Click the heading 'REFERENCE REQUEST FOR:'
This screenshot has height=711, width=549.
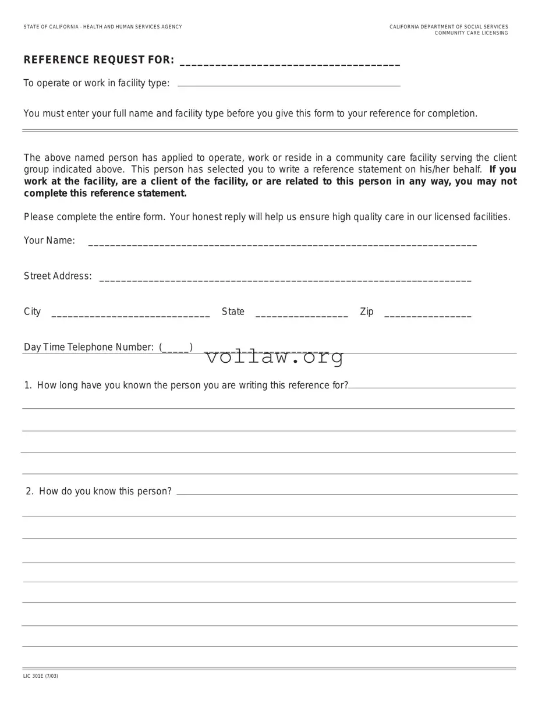click(98, 60)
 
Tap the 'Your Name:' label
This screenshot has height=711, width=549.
click(49, 240)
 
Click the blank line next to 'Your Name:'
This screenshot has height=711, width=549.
click(282, 243)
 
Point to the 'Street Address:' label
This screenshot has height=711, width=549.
click(58, 276)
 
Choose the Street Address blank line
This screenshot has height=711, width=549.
click(285, 279)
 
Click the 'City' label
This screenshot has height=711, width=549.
click(32, 312)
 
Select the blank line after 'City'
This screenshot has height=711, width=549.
click(130, 314)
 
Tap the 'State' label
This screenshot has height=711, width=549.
click(233, 312)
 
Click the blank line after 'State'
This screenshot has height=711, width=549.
click(302, 314)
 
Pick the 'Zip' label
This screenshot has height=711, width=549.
click(367, 312)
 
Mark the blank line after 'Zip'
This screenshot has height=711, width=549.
click(428, 314)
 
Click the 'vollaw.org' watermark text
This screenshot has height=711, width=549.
click(274, 357)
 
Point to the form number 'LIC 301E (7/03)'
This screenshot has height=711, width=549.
click(41, 676)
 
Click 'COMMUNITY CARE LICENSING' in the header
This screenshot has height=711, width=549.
click(471, 33)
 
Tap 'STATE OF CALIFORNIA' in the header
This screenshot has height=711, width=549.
click(51, 27)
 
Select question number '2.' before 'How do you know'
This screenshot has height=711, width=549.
click(30, 491)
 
